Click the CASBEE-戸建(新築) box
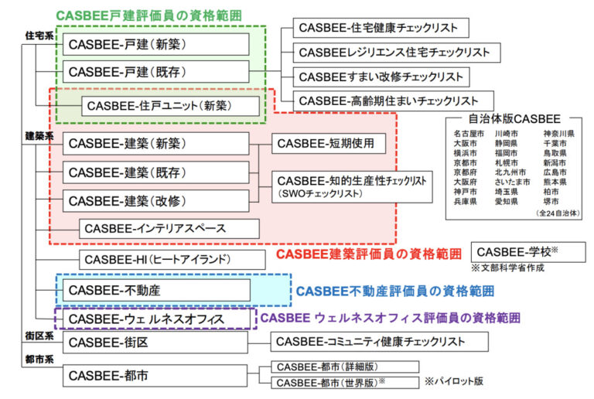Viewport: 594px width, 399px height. (x=155, y=44)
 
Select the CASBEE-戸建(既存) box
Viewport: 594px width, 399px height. (x=155, y=72)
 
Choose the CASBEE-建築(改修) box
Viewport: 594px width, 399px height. (x=155, y=200)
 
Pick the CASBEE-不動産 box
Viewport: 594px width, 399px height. (x=155, y=290)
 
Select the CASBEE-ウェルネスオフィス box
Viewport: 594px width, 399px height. (x=155, y=319)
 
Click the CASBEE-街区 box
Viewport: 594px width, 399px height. (x=155, y=342)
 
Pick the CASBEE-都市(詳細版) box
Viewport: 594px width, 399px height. (x=344, y=367)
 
